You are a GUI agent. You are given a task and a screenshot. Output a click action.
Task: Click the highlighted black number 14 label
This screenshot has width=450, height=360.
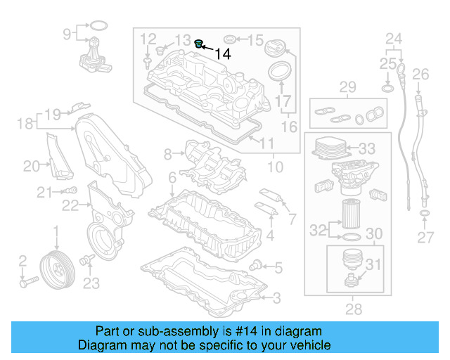223,53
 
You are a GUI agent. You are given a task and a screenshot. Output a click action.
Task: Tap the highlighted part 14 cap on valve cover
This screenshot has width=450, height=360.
199,45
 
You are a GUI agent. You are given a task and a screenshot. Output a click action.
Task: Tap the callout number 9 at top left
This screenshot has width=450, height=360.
67,33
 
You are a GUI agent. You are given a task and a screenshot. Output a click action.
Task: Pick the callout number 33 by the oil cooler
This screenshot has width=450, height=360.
367,149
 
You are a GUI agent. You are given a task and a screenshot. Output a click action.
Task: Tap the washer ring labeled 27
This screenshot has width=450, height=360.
425,213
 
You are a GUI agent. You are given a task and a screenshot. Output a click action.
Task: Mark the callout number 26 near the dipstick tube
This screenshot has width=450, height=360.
420,74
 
